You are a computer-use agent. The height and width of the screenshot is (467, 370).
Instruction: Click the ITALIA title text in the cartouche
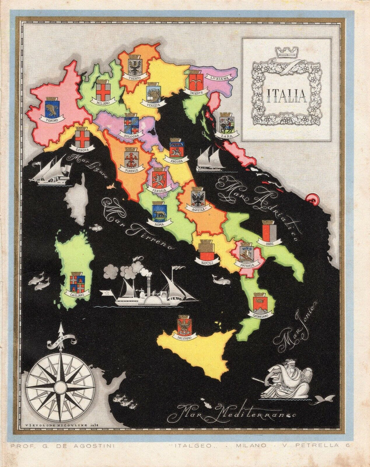click(286, 95)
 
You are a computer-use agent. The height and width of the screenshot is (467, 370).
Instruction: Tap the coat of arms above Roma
click(160, 212)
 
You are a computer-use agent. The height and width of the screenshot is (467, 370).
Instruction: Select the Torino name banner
click(52, 120)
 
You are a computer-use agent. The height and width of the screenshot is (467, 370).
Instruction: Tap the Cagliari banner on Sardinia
click(77, 293)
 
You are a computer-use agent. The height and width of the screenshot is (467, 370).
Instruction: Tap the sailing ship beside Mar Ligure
click(51, 170)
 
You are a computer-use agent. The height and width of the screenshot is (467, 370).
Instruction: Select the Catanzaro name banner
click(261, 314)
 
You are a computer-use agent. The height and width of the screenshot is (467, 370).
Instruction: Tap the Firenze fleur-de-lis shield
click(131, 158)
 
